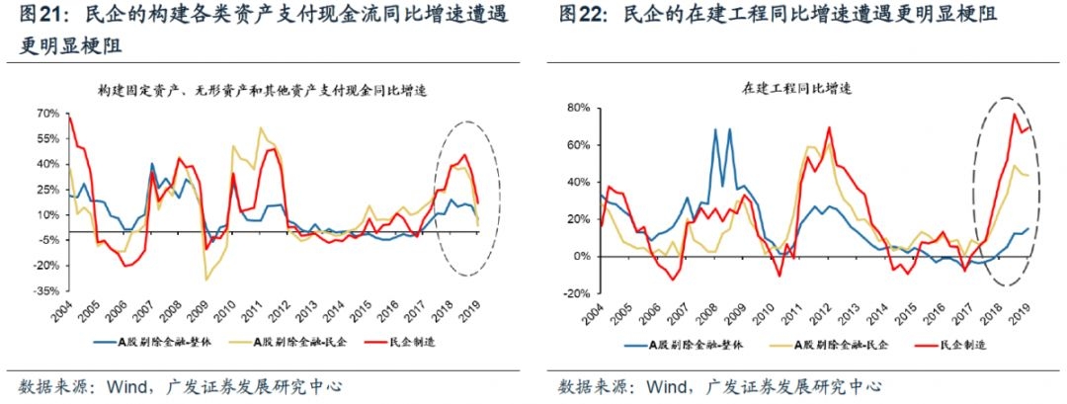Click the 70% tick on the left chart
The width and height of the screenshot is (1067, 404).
(x=49, y=113)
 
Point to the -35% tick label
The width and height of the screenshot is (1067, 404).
(x=47, y=291)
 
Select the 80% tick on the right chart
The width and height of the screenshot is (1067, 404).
(x=576, y=108)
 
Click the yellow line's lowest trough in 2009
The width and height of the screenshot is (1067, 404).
(x=206, y=280)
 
